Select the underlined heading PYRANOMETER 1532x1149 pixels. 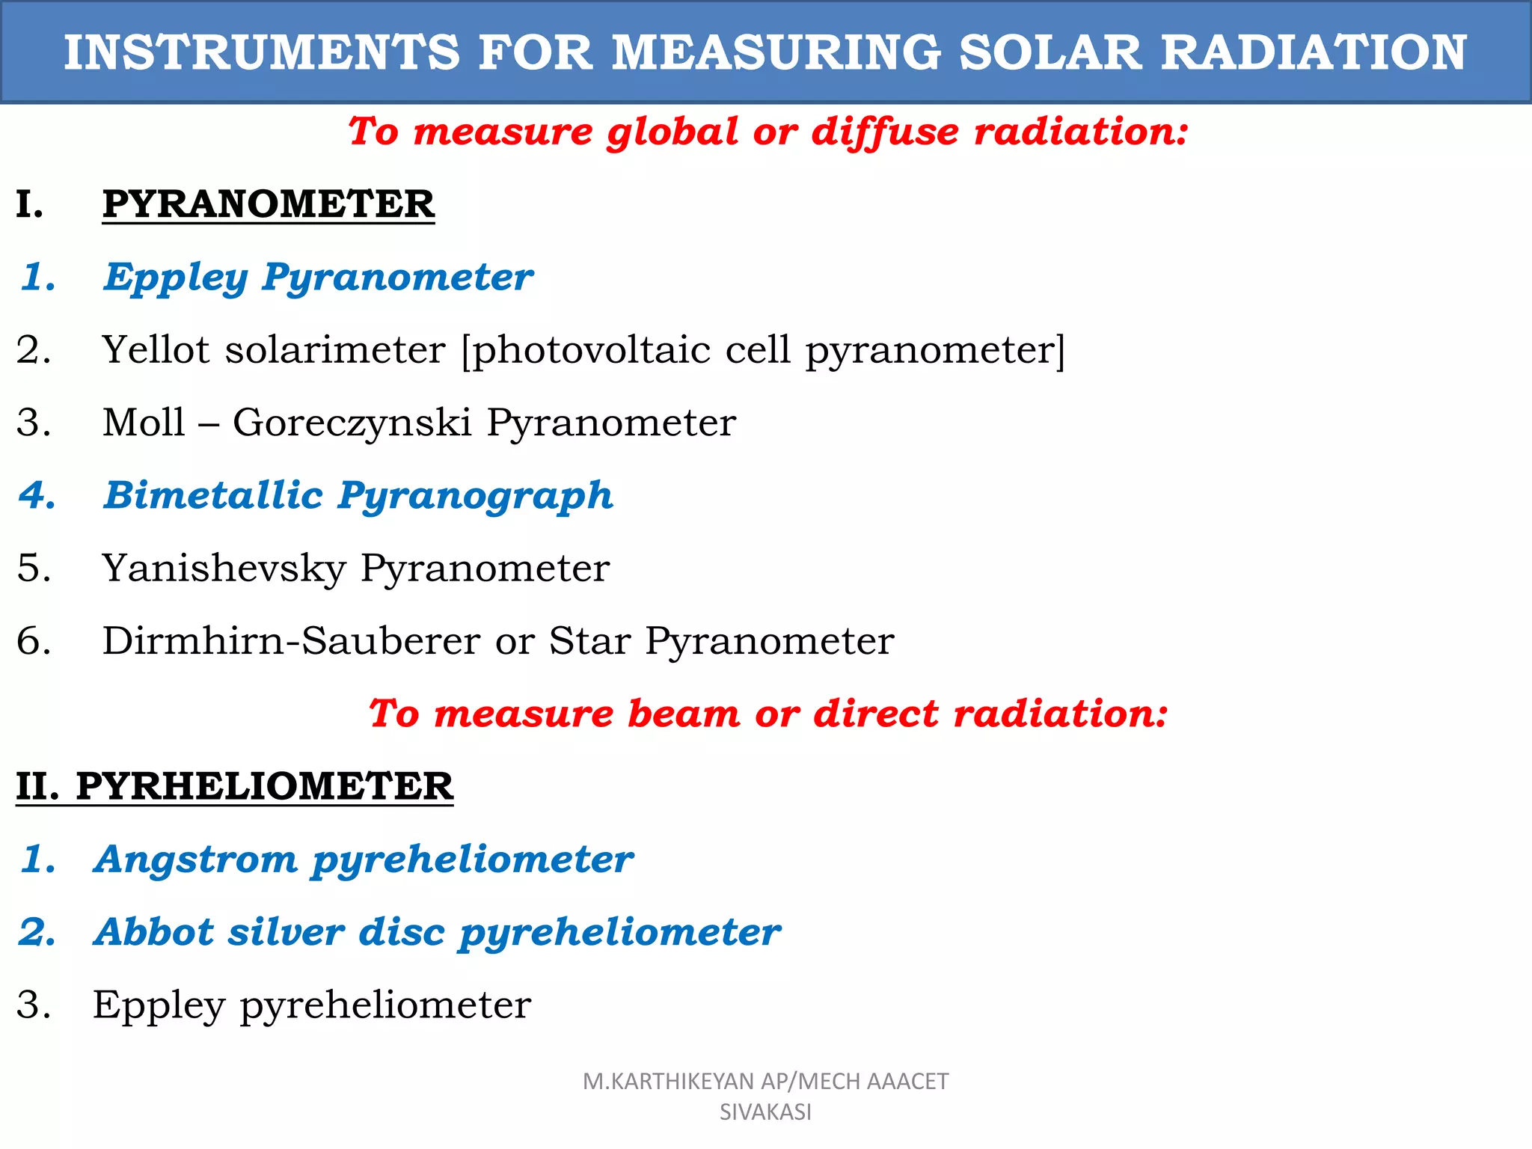(x=268, y=204)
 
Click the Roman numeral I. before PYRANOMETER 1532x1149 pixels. (x=29, y=204)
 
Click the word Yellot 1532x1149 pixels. (x=156, y=349)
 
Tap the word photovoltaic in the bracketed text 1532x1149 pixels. (x=591, y=350)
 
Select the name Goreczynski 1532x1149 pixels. (x=352, y=422)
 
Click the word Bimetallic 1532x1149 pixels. (x=213, y=495)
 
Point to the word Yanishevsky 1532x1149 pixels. (x=224, y=568)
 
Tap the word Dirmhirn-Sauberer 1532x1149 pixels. (x=291, y=640)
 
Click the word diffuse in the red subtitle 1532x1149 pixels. (x=884, y=132)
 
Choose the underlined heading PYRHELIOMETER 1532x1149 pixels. (x=264, y=786)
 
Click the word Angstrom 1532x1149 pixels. (x=195, y=859)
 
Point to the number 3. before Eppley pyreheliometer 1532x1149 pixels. (x=34, y=1005)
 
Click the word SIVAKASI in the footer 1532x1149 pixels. (x=765, y=1112)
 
